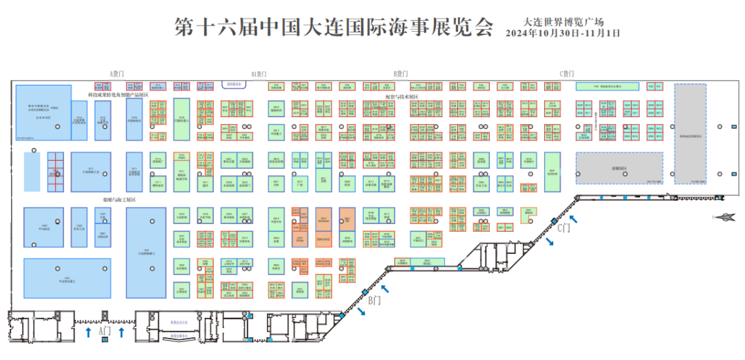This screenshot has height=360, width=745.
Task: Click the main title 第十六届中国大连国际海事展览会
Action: pyautogui.click(x=334, y=28)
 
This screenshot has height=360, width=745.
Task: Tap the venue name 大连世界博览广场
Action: pyautogui.click(x=564, y=22)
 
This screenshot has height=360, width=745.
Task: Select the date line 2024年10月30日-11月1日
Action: pyautogui.click(x=563, y=33)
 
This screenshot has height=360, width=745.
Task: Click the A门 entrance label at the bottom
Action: pyautogui.click(x=105, y=332)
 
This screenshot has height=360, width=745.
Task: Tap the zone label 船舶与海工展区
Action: pyautogui.click(x=119, y=199)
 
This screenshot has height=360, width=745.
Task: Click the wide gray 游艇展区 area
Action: pyautogui.click(x=619, y=168)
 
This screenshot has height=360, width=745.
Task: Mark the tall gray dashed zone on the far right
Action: pyautogui.click(x=690, y=134)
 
